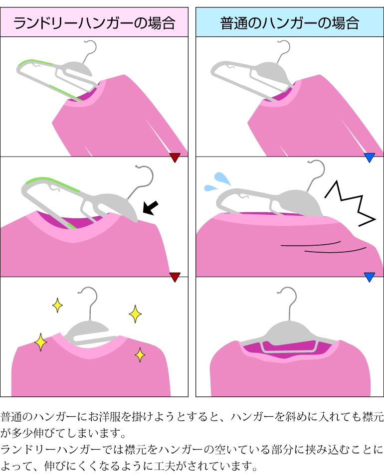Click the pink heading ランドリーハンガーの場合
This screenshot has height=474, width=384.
(94, 23)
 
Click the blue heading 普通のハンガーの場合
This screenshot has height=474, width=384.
(290, 23)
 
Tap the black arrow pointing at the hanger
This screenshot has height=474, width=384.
(150, 208)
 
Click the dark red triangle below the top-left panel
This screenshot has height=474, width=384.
(175, 158)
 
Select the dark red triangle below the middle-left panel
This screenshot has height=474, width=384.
(175, 278)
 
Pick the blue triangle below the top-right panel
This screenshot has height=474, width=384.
(370, 158)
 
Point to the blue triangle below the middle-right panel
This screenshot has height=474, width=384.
(370, 278)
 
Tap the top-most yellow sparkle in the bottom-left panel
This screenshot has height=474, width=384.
(58, 305)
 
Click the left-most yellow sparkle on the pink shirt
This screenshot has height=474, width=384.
(40, 342)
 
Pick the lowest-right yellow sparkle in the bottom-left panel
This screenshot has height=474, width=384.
(140, 355)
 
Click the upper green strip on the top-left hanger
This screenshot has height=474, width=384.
(35, 63)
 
